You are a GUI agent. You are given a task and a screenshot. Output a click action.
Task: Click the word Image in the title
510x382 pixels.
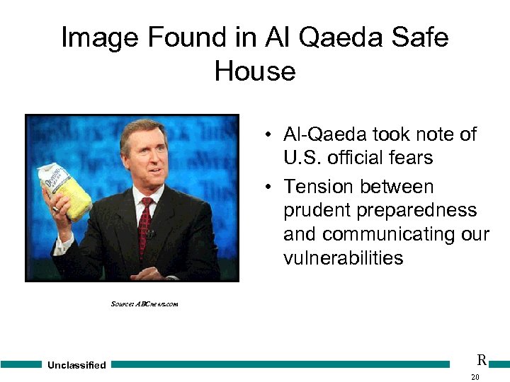coord(103,37)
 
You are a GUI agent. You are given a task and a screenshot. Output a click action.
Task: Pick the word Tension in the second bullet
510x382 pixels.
coord(319,187)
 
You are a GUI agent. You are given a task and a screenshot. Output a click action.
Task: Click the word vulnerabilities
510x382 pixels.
coord(343,257)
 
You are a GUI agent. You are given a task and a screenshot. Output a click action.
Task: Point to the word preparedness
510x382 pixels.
coord(417,211)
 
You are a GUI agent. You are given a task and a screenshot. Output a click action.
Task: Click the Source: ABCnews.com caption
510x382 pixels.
coord(144,303)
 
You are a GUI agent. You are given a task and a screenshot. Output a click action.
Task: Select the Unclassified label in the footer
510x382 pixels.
coord(76,365)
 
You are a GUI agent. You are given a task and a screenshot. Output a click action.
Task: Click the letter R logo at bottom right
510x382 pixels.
coord(482,360)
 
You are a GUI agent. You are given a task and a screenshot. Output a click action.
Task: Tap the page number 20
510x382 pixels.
coord(475,377)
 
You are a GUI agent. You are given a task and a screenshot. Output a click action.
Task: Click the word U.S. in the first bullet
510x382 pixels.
coord(302,158)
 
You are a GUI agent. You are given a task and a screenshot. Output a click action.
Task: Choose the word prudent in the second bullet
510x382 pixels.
coord(319,211)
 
